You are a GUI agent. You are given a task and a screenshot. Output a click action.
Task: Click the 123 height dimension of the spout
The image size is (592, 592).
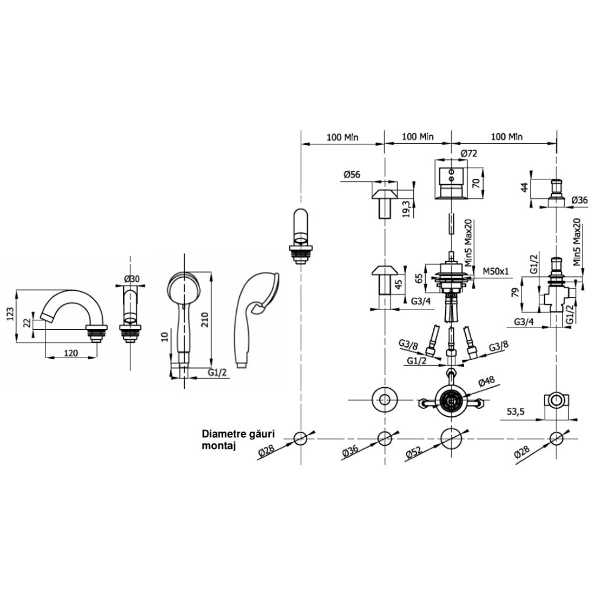(x=10, y=314)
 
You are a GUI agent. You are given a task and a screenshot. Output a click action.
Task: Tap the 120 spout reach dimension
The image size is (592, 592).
(x=70, y=353)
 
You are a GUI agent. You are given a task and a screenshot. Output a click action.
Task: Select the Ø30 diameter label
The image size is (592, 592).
(x=132, y=279)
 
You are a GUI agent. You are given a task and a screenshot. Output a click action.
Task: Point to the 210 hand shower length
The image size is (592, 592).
(x=204, y=320)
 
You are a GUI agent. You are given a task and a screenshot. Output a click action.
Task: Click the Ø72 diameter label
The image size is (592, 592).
(x=469, y=153)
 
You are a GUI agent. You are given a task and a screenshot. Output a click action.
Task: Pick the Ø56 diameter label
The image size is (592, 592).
(x=352, y=175)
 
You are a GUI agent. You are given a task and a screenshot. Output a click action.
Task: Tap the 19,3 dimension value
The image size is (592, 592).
(x=406, y=208)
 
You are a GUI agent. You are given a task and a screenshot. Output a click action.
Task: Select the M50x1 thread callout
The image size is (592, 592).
(x=496, y=271)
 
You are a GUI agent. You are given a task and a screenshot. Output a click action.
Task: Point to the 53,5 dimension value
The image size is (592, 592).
(x=516, y=411)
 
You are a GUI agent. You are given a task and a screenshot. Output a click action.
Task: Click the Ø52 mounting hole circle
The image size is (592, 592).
(x=452, y=439)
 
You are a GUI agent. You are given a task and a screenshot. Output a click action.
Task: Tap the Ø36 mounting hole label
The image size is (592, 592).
(x=350, y=452)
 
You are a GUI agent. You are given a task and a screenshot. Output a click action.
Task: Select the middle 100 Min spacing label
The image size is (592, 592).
(x=417, y=136)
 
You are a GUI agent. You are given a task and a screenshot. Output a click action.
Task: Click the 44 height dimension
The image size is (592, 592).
(x=525, y=187)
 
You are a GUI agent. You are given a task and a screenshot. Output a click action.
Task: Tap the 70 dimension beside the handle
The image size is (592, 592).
(x=476, y=184)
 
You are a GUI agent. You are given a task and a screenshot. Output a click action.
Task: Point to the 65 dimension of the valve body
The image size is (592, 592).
(x=419, y=279)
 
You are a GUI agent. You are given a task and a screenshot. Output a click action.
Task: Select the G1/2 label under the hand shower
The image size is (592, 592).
(x=217, y=372)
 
